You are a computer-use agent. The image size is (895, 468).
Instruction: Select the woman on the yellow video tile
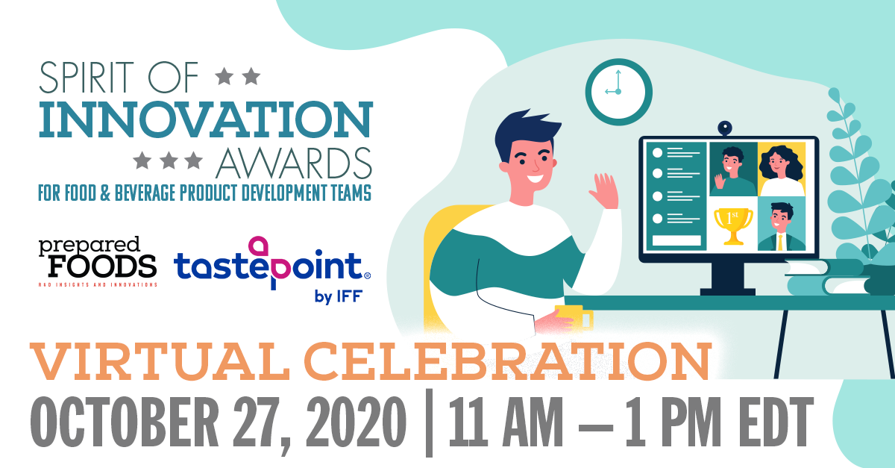pos(781,169)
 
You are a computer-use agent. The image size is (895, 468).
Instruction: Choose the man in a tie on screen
pos(781,224)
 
